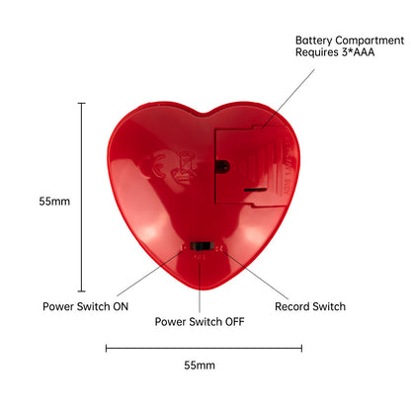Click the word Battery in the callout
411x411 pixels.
point(314,41)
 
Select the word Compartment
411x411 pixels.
point(370,41)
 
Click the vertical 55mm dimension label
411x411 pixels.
point(54,202)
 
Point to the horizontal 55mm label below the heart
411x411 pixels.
point(200,365)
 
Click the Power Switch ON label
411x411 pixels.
point(86,306)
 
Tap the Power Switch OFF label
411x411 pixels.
point(200,322)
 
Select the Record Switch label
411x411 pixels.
point(310,306)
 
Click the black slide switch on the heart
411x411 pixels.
point(202,246)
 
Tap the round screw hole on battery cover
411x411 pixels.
point(222,166)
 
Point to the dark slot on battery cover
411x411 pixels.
point(255,190)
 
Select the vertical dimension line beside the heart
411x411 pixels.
point(82,198)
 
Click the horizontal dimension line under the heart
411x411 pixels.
point(204,348)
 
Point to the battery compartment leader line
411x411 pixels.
point(288,99)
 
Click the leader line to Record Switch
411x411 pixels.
point(256,276)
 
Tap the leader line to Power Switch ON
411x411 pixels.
point(149,274)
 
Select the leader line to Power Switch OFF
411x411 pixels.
point(200,284)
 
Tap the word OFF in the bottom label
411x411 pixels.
point(235,322)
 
